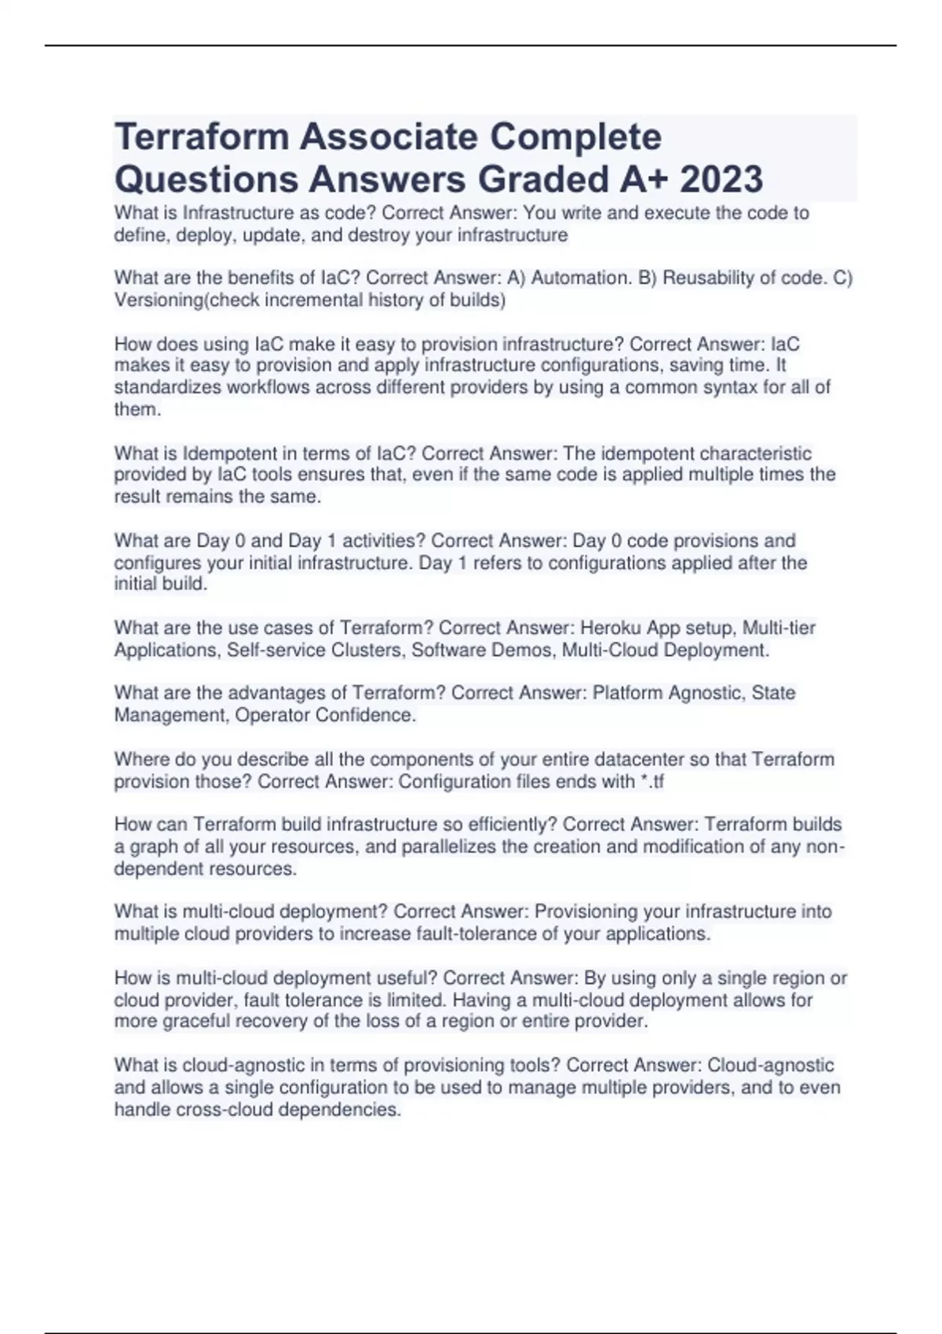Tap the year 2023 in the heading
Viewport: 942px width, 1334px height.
point(721,179)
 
